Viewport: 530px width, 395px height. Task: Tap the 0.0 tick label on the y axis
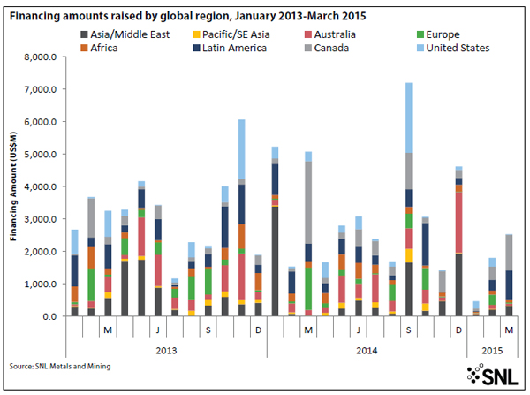[x=55, y=316]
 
